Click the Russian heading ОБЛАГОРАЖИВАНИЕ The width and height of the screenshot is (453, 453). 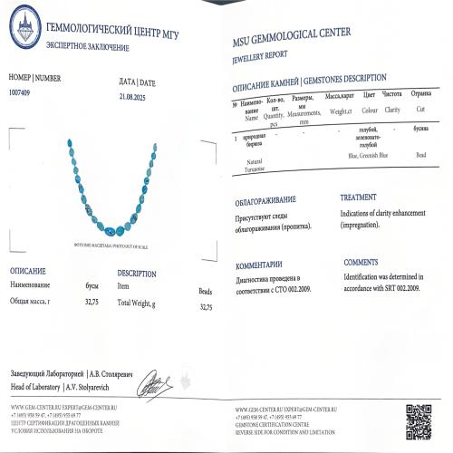(265, 198)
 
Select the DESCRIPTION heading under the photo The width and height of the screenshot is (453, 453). (137, 273)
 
